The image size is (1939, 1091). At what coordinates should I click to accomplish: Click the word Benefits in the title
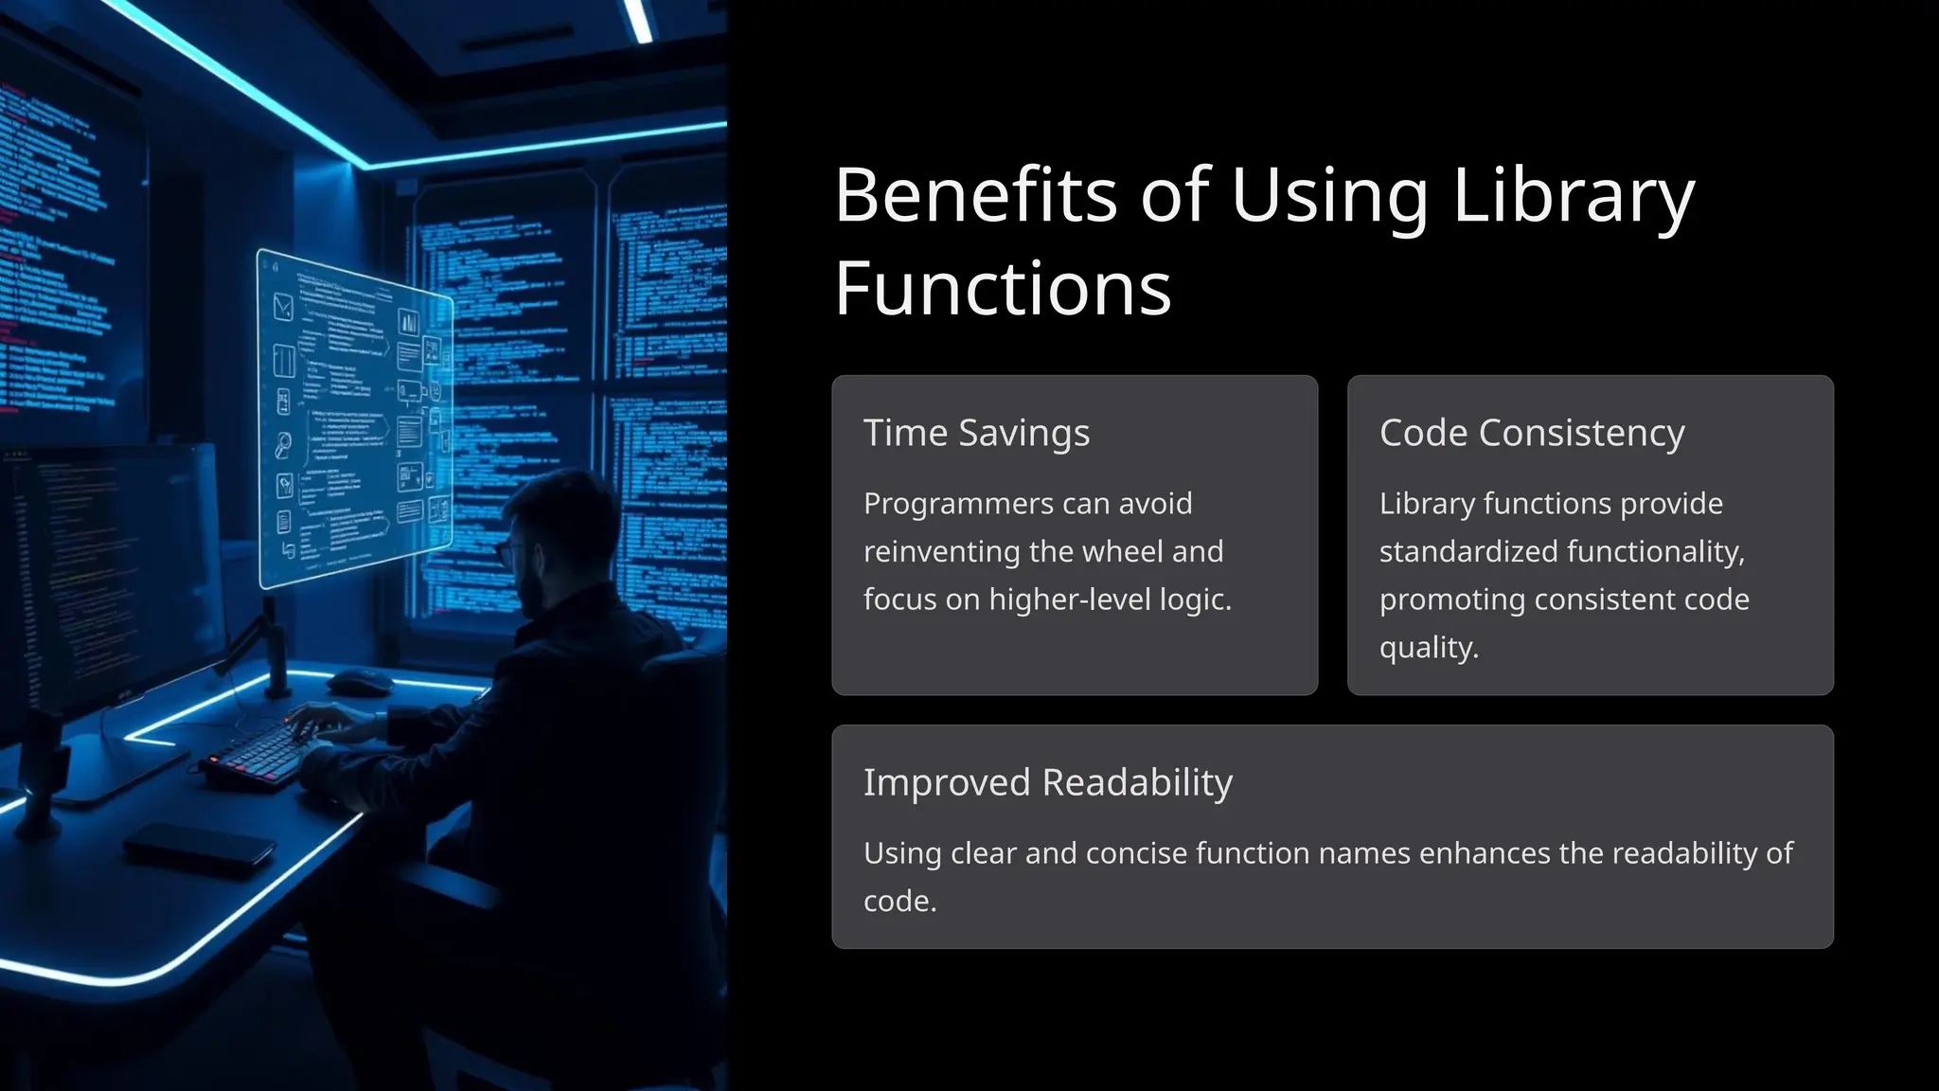[x=975, y=195]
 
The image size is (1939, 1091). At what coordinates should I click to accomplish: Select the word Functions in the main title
[x=1003, y=288]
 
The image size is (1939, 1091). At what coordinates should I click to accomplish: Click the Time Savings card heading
[x=976, y=433]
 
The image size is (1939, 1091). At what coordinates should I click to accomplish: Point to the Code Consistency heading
[x=1531, y=433]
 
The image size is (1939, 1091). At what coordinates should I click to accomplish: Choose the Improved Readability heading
[x=1047, y=782]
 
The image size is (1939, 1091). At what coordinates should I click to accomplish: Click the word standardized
[x=1469, y=551]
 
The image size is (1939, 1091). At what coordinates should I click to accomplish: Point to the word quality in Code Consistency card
[x=1427, y=648]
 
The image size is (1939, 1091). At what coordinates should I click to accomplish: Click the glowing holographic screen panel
[x=355, y=417]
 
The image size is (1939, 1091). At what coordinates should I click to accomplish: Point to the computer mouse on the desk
[x=360, y=680]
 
